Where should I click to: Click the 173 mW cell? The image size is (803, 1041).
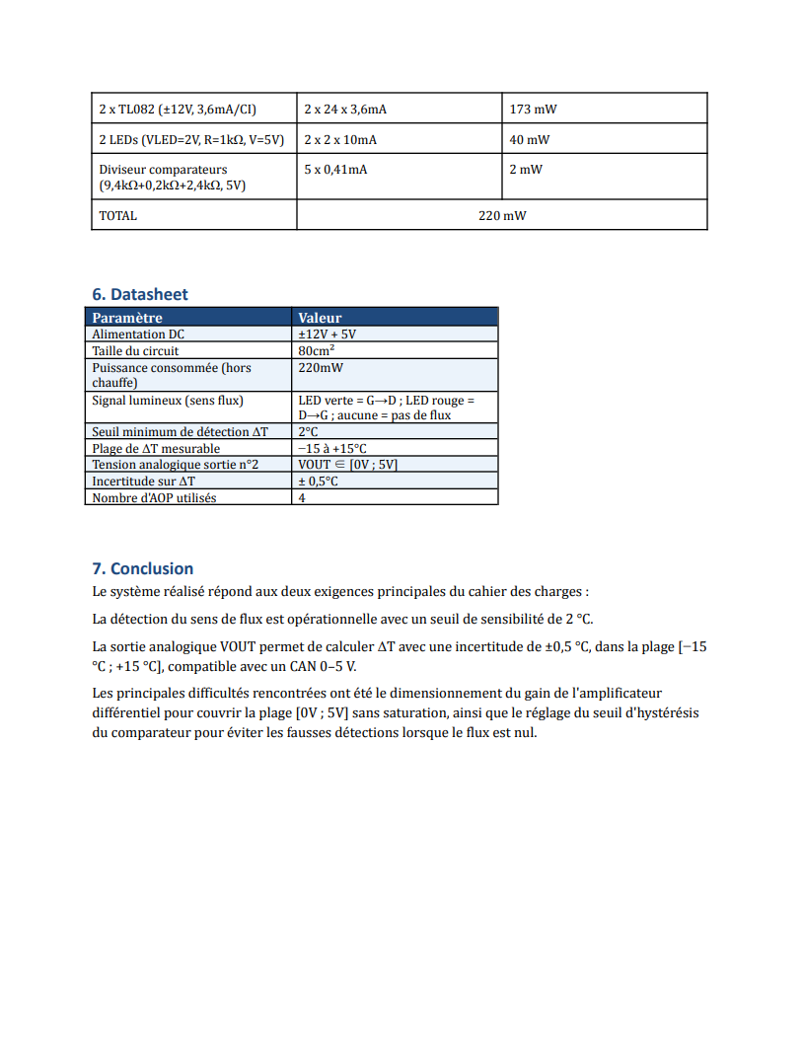[533, 110]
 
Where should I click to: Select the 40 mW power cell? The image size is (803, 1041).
[530, 140]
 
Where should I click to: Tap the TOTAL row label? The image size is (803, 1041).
[118, 215]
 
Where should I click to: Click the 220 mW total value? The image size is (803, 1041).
[502, 215]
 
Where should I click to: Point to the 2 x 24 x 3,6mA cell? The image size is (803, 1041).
[345, 110]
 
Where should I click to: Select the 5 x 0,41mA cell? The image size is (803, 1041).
[335, 170]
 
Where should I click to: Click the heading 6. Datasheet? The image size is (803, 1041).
[139, 294]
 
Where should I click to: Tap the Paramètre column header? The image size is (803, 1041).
[127, 318]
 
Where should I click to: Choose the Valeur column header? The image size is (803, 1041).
[320, 318]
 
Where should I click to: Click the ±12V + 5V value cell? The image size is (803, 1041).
[327, 335]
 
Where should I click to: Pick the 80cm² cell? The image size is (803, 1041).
[316, 350]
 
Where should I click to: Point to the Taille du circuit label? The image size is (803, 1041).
[135, 350]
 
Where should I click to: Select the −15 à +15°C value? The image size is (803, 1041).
[332, 448]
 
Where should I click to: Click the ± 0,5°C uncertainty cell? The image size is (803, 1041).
[318, 481]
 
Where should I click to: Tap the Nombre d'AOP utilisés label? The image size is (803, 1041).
[154, 497]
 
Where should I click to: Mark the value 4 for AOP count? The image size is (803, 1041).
[302, 497]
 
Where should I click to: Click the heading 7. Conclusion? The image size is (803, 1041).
[142, 568]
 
